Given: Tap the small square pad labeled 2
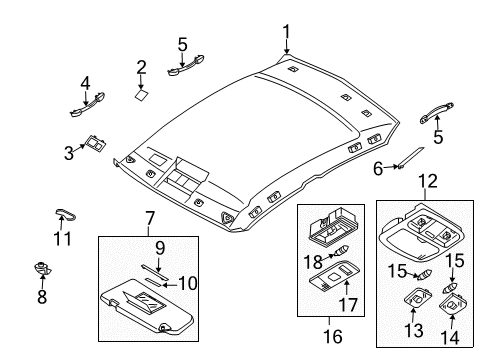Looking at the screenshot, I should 143,97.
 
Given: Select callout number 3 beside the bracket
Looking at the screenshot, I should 69,153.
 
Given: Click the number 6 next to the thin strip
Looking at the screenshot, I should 378,169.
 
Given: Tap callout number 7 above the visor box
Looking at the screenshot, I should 150,219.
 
